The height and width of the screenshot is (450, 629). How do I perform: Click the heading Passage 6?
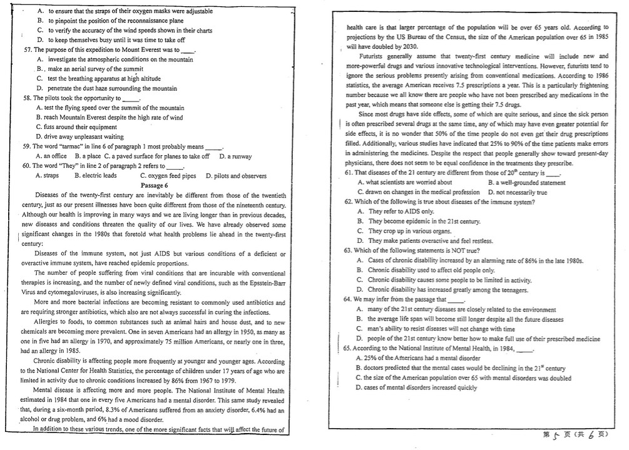click(x=154, y=185)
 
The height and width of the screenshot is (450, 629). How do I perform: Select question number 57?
click(x=27, y=49)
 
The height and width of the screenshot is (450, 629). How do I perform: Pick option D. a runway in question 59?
click(x=235, y=156)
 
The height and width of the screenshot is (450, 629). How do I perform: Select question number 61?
click(x=348, y=173)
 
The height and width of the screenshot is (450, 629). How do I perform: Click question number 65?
click(x=348, y=348)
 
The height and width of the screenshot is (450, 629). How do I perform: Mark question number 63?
click(x=348, y=250)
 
